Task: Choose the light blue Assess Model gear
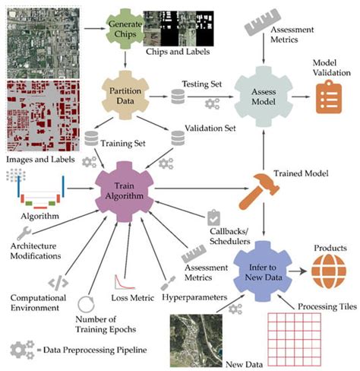click(263, 91)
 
